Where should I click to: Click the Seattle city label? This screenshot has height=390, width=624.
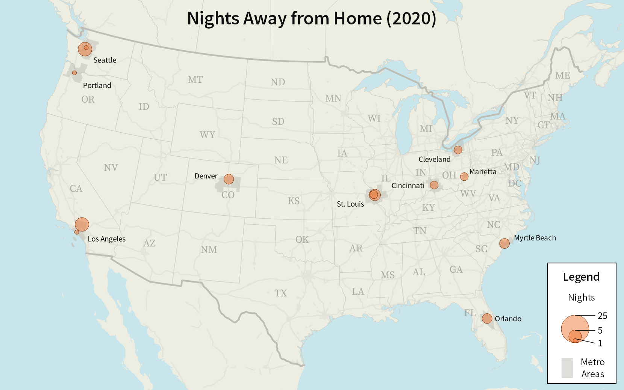click(105, 60)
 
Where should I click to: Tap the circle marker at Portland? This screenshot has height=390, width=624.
click(74, 73)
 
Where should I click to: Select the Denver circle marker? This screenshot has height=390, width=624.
click(229, 179)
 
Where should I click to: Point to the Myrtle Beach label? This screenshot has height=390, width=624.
click(535, 238)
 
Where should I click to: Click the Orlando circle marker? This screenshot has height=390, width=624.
click(487, 319)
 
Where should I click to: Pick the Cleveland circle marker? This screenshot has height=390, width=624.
click(458, 150)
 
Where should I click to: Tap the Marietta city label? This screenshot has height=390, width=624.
click(483, 172)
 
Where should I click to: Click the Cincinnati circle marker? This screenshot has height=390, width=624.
click(434, 185)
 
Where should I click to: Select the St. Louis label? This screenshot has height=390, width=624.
click(350, 204)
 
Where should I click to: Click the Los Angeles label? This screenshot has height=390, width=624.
click(106, 239)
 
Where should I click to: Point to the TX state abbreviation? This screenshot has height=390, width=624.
click(280, 293)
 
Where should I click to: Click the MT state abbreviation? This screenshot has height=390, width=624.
click(195, 80)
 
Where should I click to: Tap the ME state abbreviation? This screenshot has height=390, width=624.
click(562, 76)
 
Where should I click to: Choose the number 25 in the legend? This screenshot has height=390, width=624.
click(602, 316)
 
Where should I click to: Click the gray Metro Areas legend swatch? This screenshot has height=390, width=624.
click(567, 368)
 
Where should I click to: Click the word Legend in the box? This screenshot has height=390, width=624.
click(581, 277)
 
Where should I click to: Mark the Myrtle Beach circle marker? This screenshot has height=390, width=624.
click(504, 243)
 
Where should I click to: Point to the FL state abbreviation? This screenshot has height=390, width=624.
click(470, 313)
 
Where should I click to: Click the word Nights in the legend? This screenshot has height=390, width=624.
click(581, 298)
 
